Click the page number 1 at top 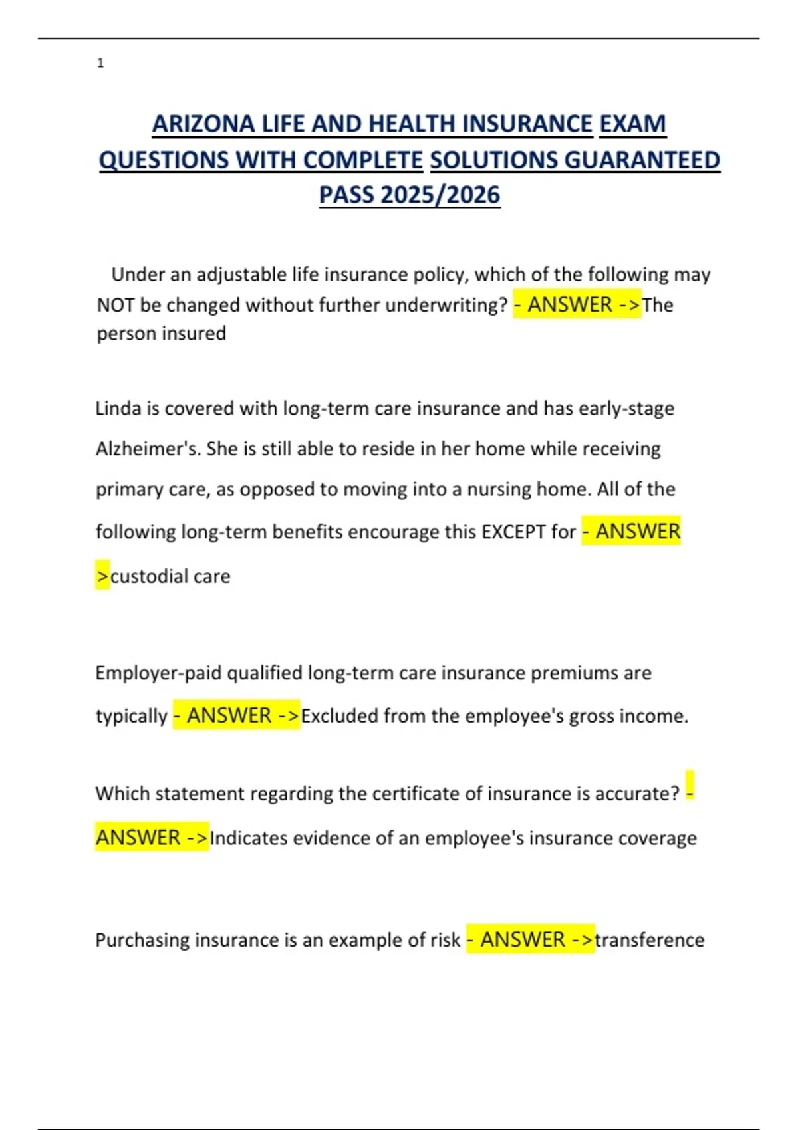pyautogui.click(x=100, y=63)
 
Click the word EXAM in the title pyautogui.click(x=632, y=124)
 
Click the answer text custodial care pyautogui.click(x=170, y=576)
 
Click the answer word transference pyautogui.click(x=649, y=940)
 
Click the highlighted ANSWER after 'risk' pyautogui.click(x=523, y=939)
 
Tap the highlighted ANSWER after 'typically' pyautogui.click(x=229, y=715)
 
